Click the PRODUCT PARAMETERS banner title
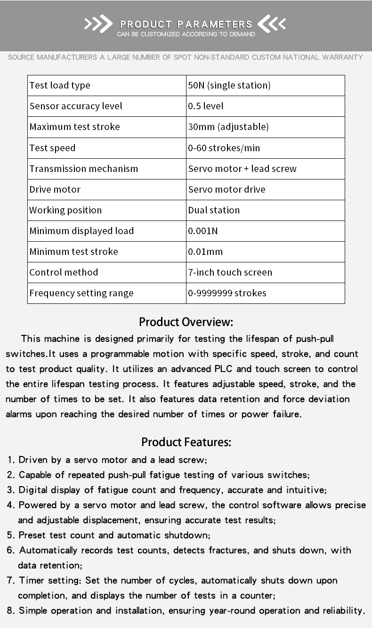186,24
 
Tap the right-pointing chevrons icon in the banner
98,24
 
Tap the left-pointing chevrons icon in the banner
272,24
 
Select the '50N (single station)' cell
229,85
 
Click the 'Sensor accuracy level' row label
76,106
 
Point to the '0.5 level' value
206,106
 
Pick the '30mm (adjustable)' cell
228,127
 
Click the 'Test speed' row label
52,148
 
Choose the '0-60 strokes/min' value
224,148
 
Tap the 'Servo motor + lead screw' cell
243,169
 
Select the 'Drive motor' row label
55,189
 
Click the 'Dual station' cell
214,210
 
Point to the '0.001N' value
202,231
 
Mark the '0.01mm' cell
205,252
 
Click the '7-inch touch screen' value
230,272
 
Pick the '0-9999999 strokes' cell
227,293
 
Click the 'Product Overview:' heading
186,322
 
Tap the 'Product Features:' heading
186,442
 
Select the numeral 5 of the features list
10,535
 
